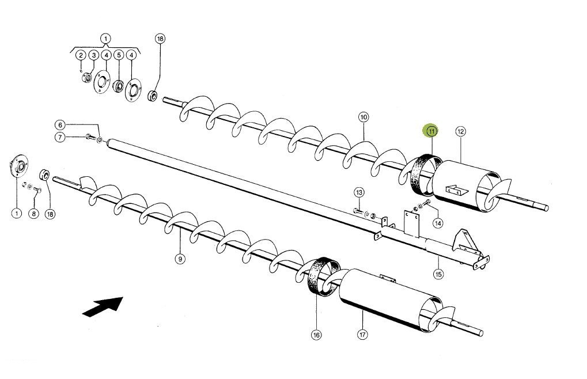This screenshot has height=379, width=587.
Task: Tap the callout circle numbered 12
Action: pos(460,131)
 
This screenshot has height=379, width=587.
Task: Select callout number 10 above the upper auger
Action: pos(363,117)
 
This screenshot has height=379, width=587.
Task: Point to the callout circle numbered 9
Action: pos(180,259)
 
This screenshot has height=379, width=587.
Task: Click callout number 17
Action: pos(362,334)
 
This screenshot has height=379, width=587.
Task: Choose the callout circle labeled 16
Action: pos(316,334)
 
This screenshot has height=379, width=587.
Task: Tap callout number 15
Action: pos(439,274)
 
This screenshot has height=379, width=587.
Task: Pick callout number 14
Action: pos(438,223)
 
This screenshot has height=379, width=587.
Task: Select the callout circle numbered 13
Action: pos(358,192)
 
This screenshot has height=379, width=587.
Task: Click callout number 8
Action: pos(33,214)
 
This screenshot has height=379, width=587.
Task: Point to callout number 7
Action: pos(59,137)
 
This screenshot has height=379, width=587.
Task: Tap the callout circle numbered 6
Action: pos(59,124)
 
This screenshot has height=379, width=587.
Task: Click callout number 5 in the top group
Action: pos(119,55)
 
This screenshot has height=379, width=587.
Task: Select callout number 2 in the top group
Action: pos(81,55)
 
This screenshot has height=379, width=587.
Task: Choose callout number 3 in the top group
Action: pos(93,55)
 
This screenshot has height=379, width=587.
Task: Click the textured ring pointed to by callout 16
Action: pos(321,275)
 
